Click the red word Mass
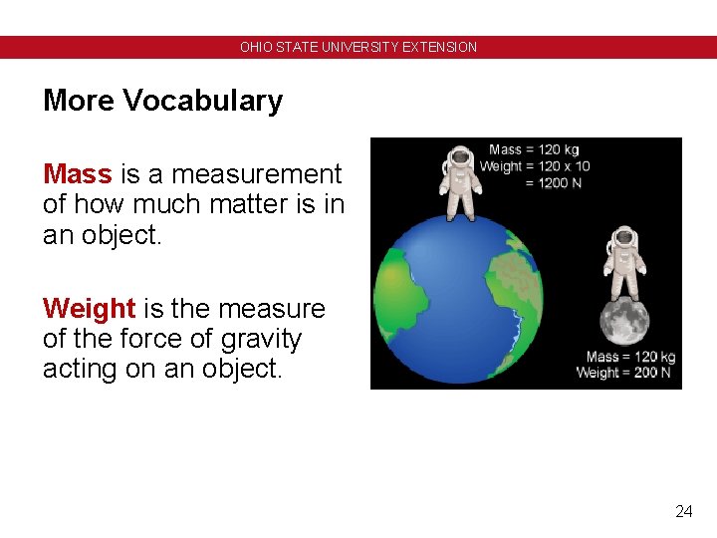[77, 174]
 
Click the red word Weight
[89, 309]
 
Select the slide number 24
[683, 512]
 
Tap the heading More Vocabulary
[162, 101]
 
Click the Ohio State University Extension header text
[358, 47]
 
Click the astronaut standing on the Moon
[624, 263]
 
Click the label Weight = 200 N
[623, 373]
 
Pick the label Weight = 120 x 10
[535, 166]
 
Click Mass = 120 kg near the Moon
[630, 357]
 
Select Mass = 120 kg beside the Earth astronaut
[534, 150]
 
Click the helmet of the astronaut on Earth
[460, 157]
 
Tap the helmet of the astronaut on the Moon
[624, 238]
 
